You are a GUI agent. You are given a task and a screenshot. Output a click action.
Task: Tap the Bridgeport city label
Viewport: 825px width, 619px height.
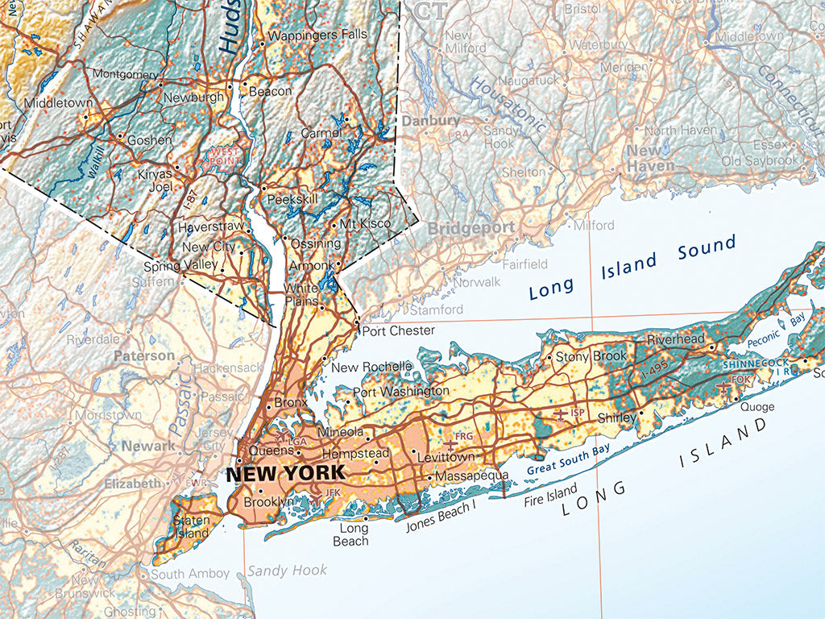pos(471,228)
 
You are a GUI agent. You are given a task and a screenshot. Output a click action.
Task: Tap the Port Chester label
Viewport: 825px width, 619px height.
pos(399,330)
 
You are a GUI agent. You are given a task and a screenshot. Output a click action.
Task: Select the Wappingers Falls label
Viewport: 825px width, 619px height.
pos(318,35)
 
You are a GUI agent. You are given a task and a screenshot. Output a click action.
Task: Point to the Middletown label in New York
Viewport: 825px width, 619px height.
pos(59,103)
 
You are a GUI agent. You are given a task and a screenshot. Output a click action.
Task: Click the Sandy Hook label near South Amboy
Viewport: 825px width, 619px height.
pos(288,571)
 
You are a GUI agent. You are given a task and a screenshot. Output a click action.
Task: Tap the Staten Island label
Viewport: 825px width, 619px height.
pos(192,526)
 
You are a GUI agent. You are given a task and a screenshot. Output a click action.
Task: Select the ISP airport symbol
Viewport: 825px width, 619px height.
pos(561,413)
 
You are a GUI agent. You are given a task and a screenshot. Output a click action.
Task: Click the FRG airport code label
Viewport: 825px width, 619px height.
pos(463,437)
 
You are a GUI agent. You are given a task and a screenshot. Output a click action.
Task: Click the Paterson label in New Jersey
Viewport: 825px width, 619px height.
pos(144,355)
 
